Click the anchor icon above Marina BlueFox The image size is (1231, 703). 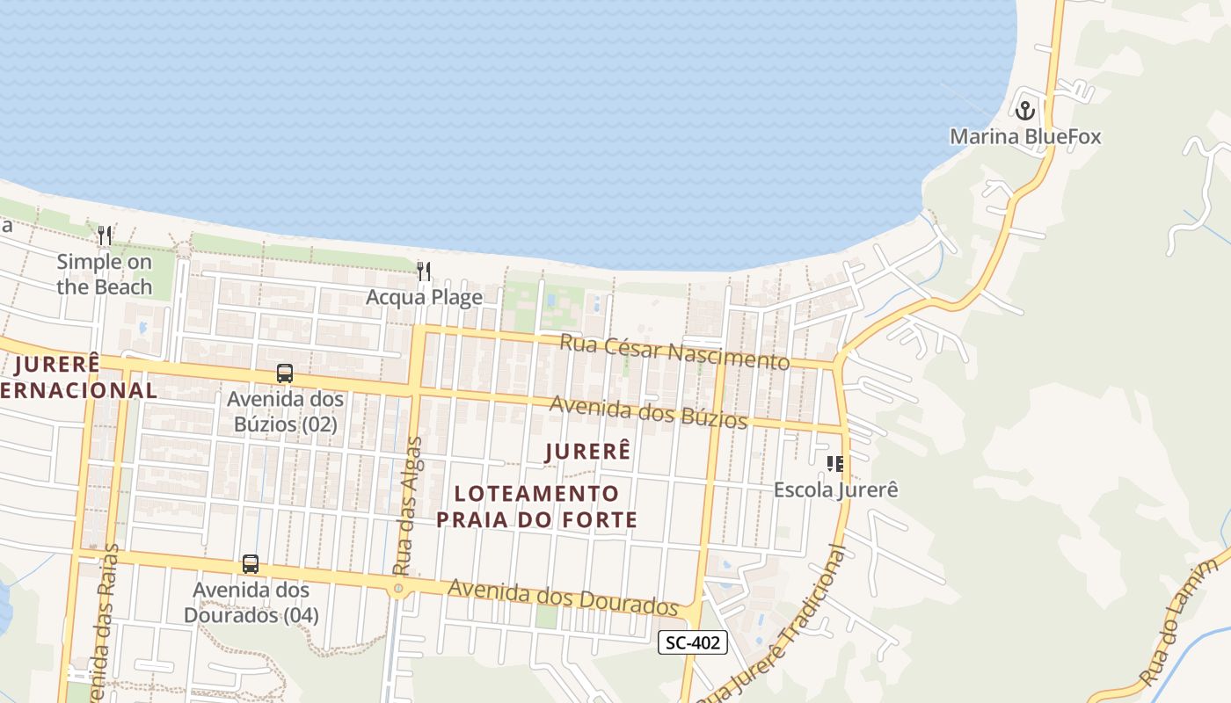(x=1024, y=111)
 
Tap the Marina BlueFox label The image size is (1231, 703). (x=1025, y=137)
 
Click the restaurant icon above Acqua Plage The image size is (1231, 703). (x=424, y=271)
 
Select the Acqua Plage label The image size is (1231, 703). (x=424, y=297)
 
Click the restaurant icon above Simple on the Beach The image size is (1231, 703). (x=105, y=236)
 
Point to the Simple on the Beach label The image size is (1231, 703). (x=105, y=274)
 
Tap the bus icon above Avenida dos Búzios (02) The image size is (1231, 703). (x=285, y=373)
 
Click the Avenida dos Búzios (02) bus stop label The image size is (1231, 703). (x=286, y=411)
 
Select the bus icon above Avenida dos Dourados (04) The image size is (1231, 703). (x=251, y=564)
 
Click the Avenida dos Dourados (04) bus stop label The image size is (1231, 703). (x=251, y=602)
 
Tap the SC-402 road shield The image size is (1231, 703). (x=693, y=642)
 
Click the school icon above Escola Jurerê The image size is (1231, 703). (x=835, y=463)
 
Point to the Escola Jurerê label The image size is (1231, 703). (x=835, y=489)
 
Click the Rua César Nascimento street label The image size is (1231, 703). (x=674, y=351)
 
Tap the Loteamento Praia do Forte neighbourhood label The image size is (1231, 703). (x=537, y=506)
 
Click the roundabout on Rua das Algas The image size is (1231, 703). (x=399, y=588)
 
